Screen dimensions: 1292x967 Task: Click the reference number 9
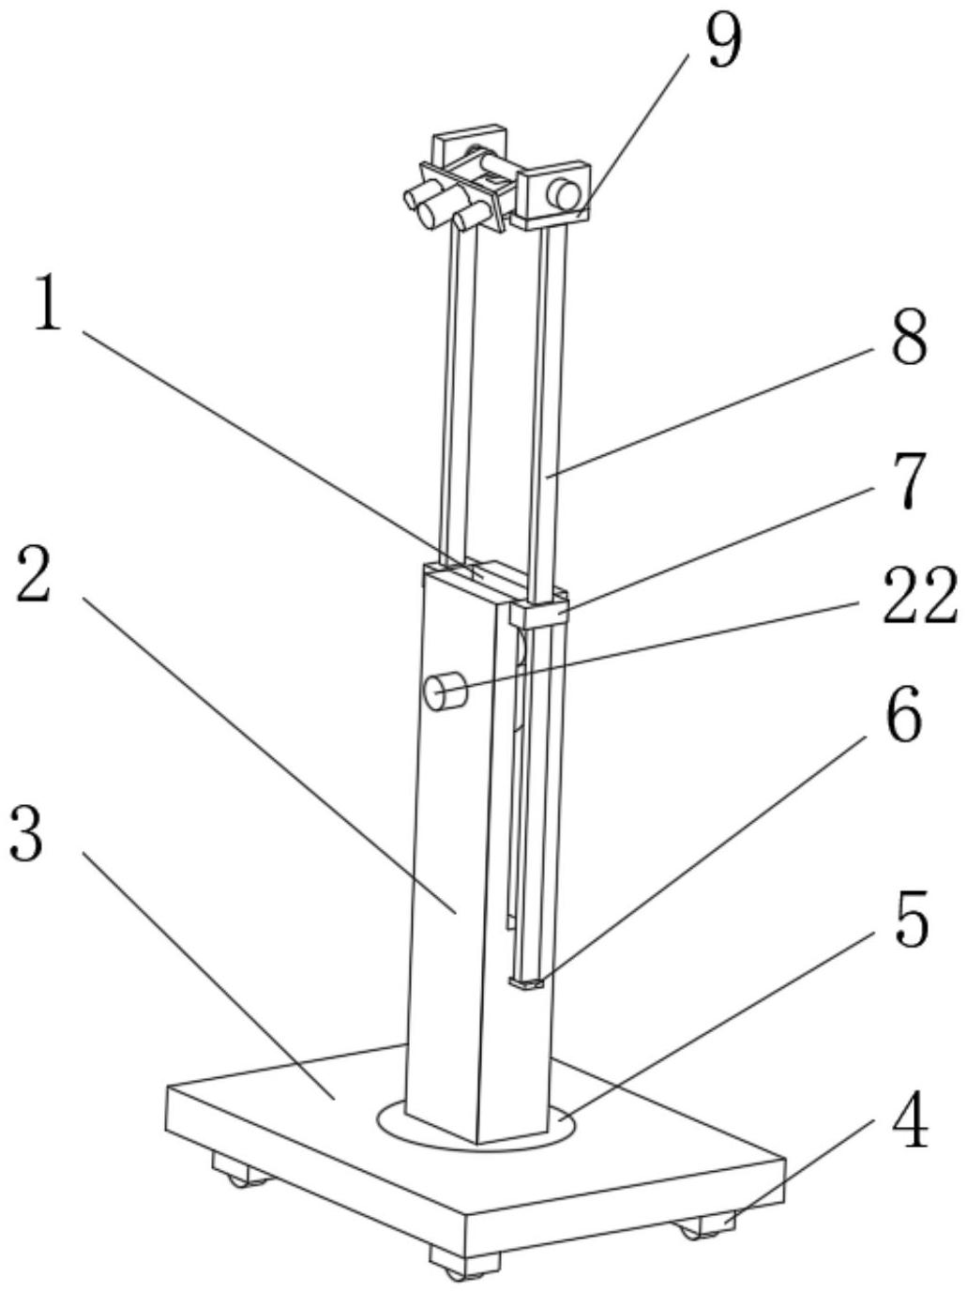pos(722,42)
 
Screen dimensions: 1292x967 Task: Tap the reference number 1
pos(47,302)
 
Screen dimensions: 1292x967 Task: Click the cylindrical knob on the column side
pos(445,692)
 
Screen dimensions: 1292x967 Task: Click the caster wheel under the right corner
pos(694,1228)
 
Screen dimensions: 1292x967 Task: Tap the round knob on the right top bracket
pos(564,194)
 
